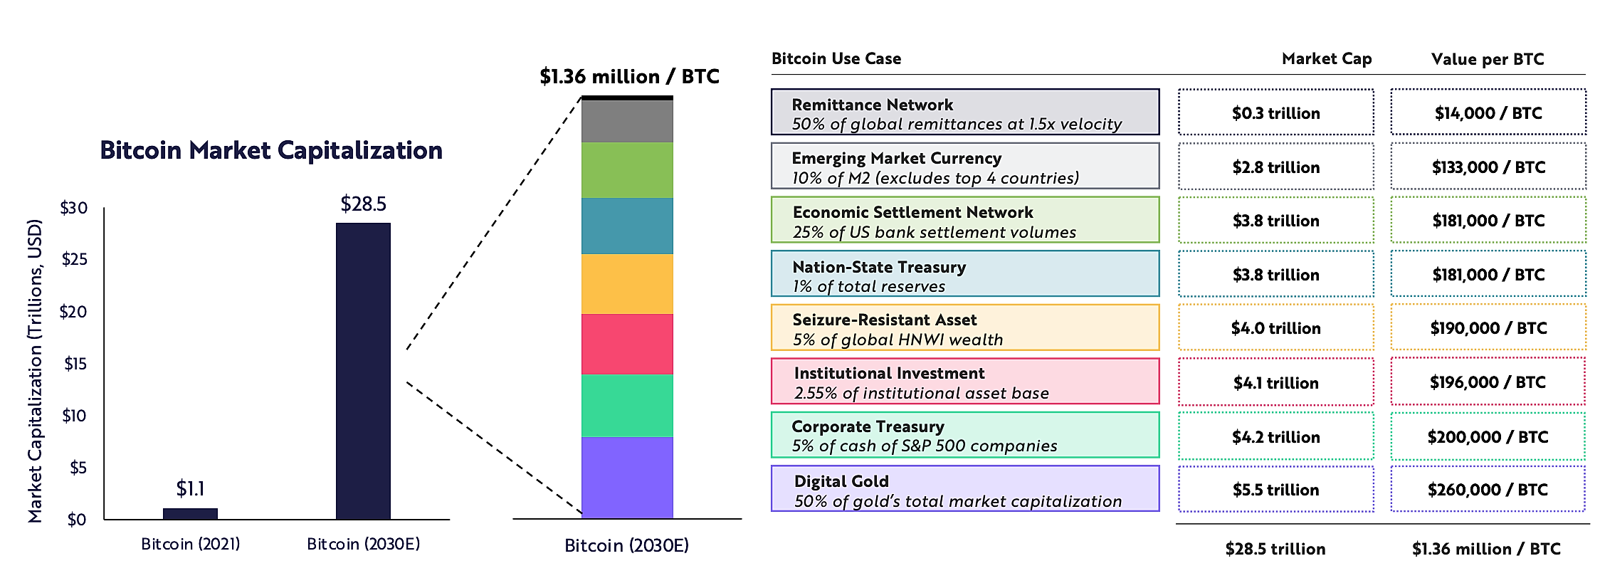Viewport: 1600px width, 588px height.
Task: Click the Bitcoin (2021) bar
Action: coord(190,513)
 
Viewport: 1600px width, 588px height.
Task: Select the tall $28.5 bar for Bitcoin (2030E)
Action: coord(363,371)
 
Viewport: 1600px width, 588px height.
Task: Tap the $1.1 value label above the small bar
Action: coord(190,488)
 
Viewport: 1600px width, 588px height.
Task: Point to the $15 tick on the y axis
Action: coord(75,364)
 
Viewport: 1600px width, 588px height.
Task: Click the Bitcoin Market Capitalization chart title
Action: coord(271,150)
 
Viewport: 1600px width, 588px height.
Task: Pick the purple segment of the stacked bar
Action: coord(627,477)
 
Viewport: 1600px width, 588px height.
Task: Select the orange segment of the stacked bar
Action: coord(627,284)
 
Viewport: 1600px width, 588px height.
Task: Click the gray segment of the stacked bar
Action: coord(627,121)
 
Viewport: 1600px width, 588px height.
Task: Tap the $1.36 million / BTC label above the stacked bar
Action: coord(629,76)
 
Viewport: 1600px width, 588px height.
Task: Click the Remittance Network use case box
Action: coord(965,112)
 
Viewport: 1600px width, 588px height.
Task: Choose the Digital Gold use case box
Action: coord(965,488)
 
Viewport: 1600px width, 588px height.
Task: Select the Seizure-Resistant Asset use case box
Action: coord(965,327)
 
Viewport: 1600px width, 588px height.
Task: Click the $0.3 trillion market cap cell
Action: coord(1276,112)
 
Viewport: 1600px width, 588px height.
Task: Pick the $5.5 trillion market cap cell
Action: coord(1276,489)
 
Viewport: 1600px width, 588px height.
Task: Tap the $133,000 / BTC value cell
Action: coord(1488,167)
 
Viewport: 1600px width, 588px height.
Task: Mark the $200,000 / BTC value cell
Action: coord(1488,436)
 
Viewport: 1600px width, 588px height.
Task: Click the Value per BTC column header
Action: coord(1488,59)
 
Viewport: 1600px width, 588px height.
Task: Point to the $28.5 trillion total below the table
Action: coord(1275,549)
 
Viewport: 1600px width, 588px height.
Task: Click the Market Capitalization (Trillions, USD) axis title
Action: coord(35,371)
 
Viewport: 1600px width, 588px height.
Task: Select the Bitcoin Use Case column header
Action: coord(836,58)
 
